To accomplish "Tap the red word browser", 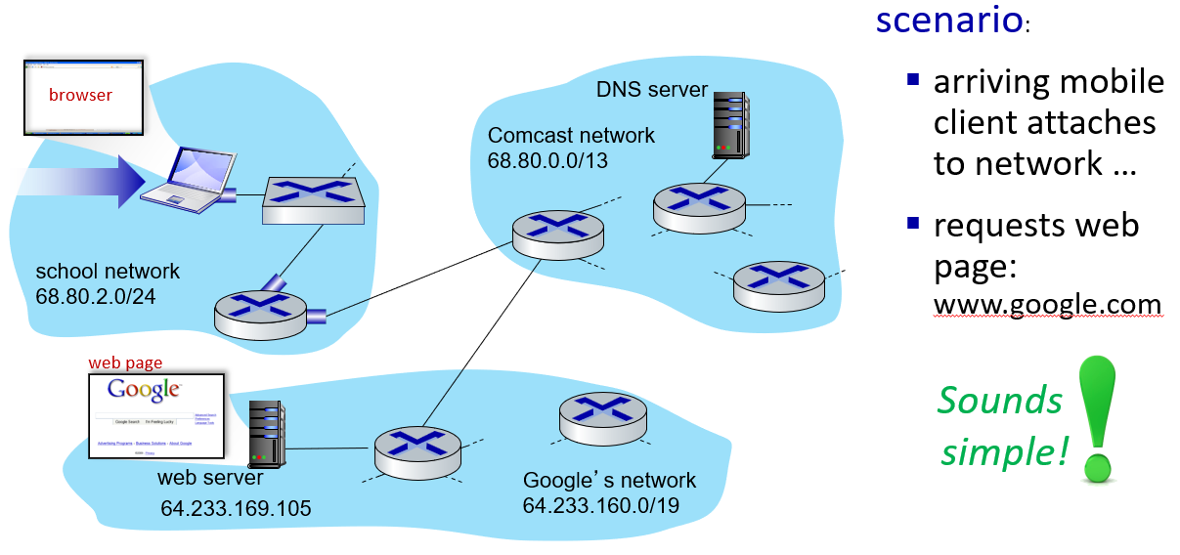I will (x=80, y=95).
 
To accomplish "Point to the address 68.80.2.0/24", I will (x=96, y=294).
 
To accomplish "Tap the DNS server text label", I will (x=651, y=89).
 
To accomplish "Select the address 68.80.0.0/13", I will (x=548, y=159).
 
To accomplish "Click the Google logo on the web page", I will (x=145, y=390).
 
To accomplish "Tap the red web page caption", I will (x=125, y=363).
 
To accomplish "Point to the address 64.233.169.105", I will (x=236, y=508).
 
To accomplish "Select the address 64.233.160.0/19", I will (x=601, y=505).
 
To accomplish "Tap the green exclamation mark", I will (x=1097, y=420).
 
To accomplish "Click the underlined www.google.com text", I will (x=1047, y=305).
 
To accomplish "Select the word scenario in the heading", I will (x=948, y=20).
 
